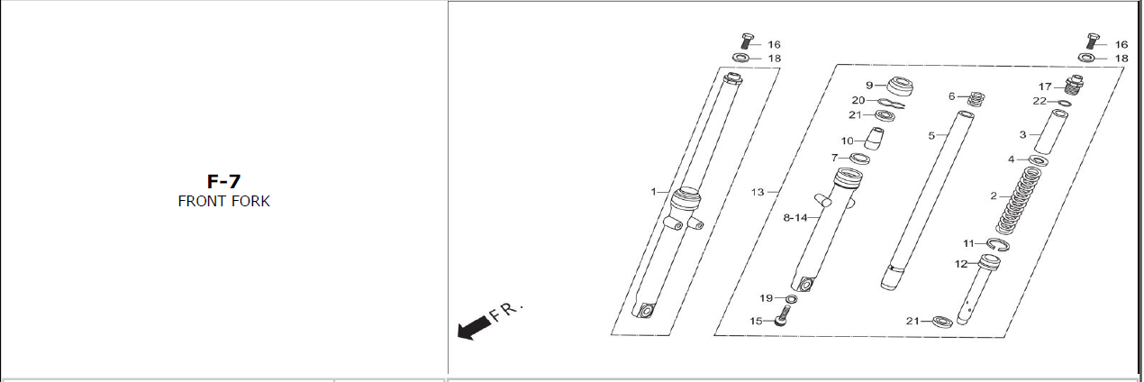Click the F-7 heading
coord(223,181)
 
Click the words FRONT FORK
coord(223,201)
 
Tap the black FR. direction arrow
coord(474,327)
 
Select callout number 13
coord(758,192)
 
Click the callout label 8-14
coord(795,218)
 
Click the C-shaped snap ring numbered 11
coord(998,245)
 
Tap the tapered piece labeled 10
coord(875,138)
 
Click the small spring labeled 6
coord(976,98)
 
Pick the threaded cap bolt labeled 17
coord(1074,85)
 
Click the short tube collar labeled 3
coord(1051,132)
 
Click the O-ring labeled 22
coord(1065,104)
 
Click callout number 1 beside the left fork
coord(653,192)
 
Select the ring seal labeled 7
coord(859,159)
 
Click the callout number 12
coord(961,263)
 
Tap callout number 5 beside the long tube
coord(931,135)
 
